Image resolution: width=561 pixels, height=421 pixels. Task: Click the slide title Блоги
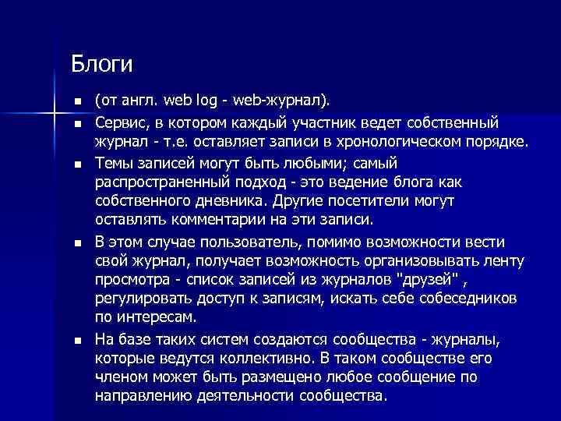coord(102,62)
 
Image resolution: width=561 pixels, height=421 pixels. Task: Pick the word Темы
coord(113,163)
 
